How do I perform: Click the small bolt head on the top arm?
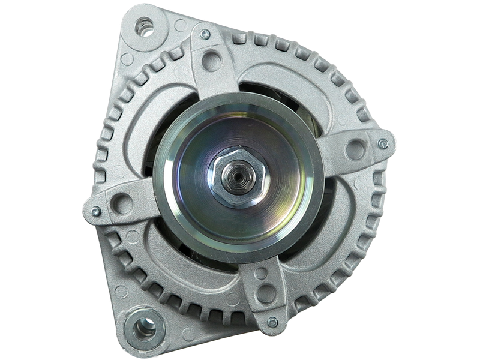pos(205,34)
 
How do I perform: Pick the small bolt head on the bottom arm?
pos(273,323)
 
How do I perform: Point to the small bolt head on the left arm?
pos(95,211)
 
